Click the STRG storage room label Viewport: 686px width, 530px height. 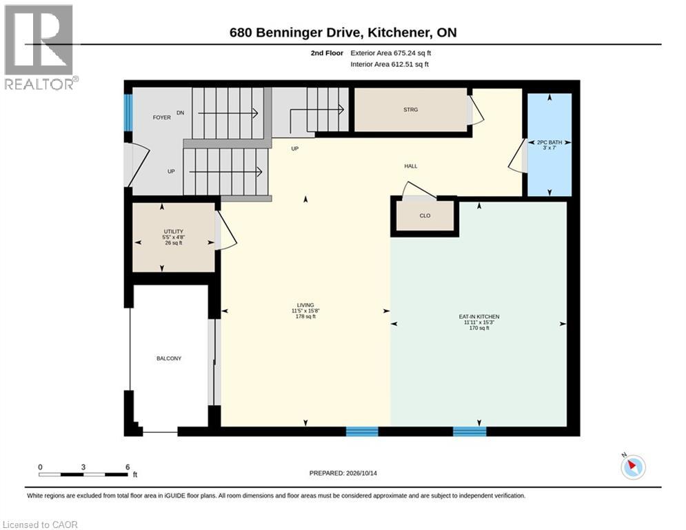(410, 110)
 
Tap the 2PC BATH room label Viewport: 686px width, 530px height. (549, 142)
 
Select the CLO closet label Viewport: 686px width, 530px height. (425, 215)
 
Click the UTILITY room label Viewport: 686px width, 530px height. (173, 231)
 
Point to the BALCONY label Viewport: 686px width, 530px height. (169, 358)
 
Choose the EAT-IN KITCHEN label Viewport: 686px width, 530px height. (479, 317)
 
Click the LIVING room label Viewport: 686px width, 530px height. (305, 305)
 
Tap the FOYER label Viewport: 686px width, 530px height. (161, 117)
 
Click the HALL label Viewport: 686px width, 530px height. (411, 166)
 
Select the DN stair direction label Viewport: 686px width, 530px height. (180, 112)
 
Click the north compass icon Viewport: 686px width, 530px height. (633, 467)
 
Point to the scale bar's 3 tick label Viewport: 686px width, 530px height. (83, 467)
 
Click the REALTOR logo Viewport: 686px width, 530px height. (39, 48)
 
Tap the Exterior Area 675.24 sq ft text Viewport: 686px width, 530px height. (391, 53)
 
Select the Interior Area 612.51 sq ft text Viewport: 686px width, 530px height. (390, 64)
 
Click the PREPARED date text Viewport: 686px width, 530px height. (343, 473)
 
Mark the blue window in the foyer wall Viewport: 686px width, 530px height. (128, 112)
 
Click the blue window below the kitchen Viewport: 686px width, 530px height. (470, 431)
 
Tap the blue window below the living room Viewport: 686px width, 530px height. (362, 431)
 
